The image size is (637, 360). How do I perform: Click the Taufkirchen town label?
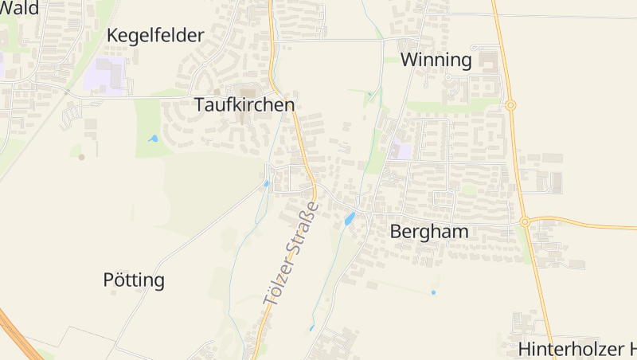244,104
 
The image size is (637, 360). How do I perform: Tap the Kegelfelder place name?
155,35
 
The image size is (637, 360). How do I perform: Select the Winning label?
436,60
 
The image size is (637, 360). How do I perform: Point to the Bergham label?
428,232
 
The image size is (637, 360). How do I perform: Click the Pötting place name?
134,280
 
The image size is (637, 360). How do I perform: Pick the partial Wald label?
20,8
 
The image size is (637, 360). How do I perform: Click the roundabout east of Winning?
510,104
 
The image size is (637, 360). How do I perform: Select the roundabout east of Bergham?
525,221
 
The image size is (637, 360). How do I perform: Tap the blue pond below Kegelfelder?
153,139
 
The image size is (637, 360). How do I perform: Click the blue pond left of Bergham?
349,218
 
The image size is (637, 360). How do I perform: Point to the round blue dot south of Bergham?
433,292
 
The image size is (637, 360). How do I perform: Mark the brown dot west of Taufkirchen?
81,157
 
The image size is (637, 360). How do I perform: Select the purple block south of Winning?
402,150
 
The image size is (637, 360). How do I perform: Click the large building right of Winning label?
487,61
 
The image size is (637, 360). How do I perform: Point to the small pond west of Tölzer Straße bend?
267,184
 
